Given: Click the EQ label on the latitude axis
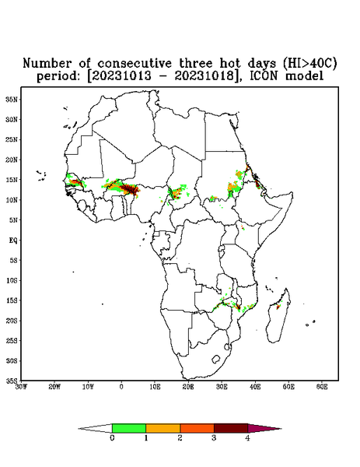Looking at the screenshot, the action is [12, 241].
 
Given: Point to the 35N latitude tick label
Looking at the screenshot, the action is [12, 100].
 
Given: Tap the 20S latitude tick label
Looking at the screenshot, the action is [12, 321].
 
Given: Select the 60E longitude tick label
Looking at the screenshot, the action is [322, 387].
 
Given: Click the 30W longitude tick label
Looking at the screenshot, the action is [21, 387].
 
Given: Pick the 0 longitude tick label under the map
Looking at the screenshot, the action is [121, 387].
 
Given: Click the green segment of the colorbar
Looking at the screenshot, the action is [129, 428].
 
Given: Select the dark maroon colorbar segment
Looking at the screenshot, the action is [231, 428].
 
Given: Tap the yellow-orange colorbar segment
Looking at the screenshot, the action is [163, 428].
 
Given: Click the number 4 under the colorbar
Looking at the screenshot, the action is [247, 438].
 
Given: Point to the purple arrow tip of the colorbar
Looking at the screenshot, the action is [264, 428].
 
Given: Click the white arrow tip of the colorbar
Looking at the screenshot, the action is [95, 428].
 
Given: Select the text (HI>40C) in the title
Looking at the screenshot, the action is [309, 64].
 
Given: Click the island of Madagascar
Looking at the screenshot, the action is [278, 318].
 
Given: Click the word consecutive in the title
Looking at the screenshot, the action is [135, 64].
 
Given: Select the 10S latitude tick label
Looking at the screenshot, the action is [12, 280].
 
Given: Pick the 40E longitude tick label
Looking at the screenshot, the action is [255, 387].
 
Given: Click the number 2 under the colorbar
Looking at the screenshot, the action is [180, 438].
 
